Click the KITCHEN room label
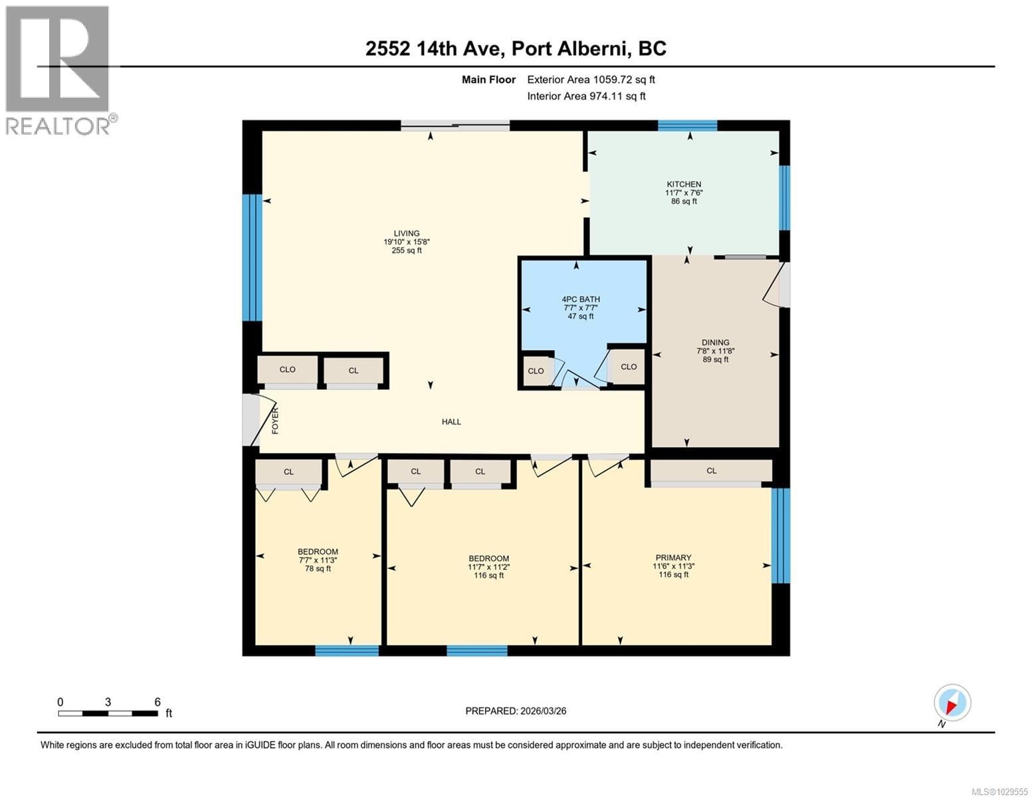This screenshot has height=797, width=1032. (x=684, y=184)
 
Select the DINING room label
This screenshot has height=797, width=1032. (x=715, y=343)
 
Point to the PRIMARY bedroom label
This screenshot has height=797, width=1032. (x=673, y=558)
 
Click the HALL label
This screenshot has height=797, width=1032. (x=451, y=422)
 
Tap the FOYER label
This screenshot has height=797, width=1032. (x=275, y=421)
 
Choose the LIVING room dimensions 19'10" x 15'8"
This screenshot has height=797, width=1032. (x=406, y=242)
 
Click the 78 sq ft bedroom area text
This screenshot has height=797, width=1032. (x=318, y=569)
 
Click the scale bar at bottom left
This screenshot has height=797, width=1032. (x=108, y=713)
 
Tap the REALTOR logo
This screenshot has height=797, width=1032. (x=58, y=70)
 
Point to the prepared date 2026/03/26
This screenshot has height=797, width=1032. (x=516, y=711)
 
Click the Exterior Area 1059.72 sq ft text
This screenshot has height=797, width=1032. (x=591, y=80)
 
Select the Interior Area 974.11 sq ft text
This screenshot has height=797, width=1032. (x=586, y=96)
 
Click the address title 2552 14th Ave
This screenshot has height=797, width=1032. (x=516, y=48)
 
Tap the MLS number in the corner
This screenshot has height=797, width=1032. (x=999, y=791)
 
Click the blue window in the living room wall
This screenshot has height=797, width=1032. (x=252, y=258)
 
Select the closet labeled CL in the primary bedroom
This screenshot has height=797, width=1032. (x=711, y=471)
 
